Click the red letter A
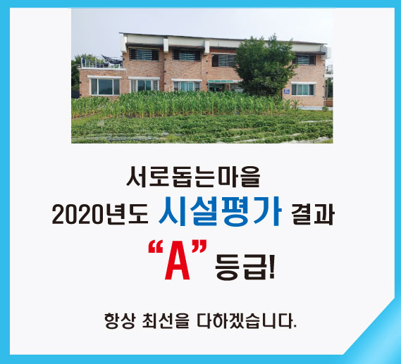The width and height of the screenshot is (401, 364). [x=177, y=263]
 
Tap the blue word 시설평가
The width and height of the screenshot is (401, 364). [x=220, y=211]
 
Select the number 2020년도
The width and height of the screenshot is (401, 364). [x=100, y=215]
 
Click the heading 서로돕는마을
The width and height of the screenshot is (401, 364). [x=193, y=177]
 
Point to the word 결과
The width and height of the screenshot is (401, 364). [x=313, y=215]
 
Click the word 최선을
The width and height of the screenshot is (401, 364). [x=166, y=320]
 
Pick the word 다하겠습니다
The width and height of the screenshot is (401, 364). [x=247, y=320]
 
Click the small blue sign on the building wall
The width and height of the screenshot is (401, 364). [x=286, y=92]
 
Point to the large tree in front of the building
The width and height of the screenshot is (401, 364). [x=265, y=66]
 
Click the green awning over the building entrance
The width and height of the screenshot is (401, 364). [x=221, y=82]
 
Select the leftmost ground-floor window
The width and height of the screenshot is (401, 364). [x=105, y=87]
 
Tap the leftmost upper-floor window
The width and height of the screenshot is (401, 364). [x=144, y=54]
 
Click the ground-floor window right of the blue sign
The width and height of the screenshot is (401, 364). [x=303, y=89]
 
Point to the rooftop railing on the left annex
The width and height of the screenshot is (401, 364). [x=101, y=62]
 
